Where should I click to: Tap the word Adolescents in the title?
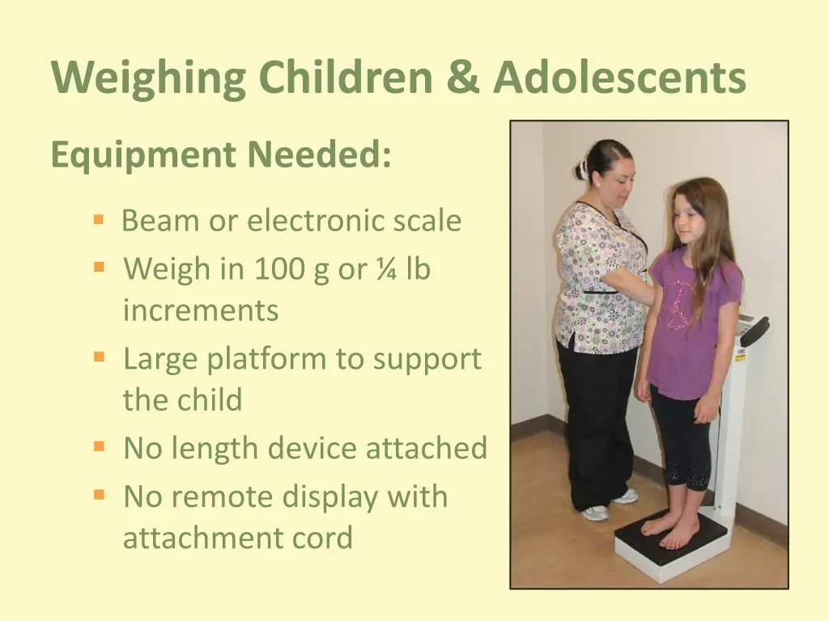pos(619,78)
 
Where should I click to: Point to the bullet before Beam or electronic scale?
pos(99,219)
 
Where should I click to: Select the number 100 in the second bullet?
pos(279,269)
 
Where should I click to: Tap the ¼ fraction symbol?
pos(385,269)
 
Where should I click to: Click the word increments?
pos(201,310)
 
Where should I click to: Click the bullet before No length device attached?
pos(99,446)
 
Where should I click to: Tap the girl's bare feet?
pos(670,529)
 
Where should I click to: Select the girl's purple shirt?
pos(693,323)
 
